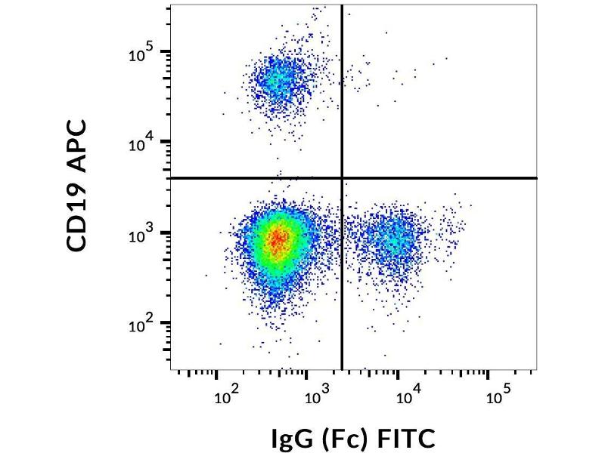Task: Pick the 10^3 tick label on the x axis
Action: (315, 396)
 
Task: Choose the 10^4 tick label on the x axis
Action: (405, 396)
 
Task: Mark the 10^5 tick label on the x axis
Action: (495, 396)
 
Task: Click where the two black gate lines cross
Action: (343, 178)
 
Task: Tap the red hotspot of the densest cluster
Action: (278, 239)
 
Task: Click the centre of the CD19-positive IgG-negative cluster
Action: (278, 79)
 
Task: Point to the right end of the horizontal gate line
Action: (536, 178)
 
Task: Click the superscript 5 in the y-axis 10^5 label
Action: (150, 48)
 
